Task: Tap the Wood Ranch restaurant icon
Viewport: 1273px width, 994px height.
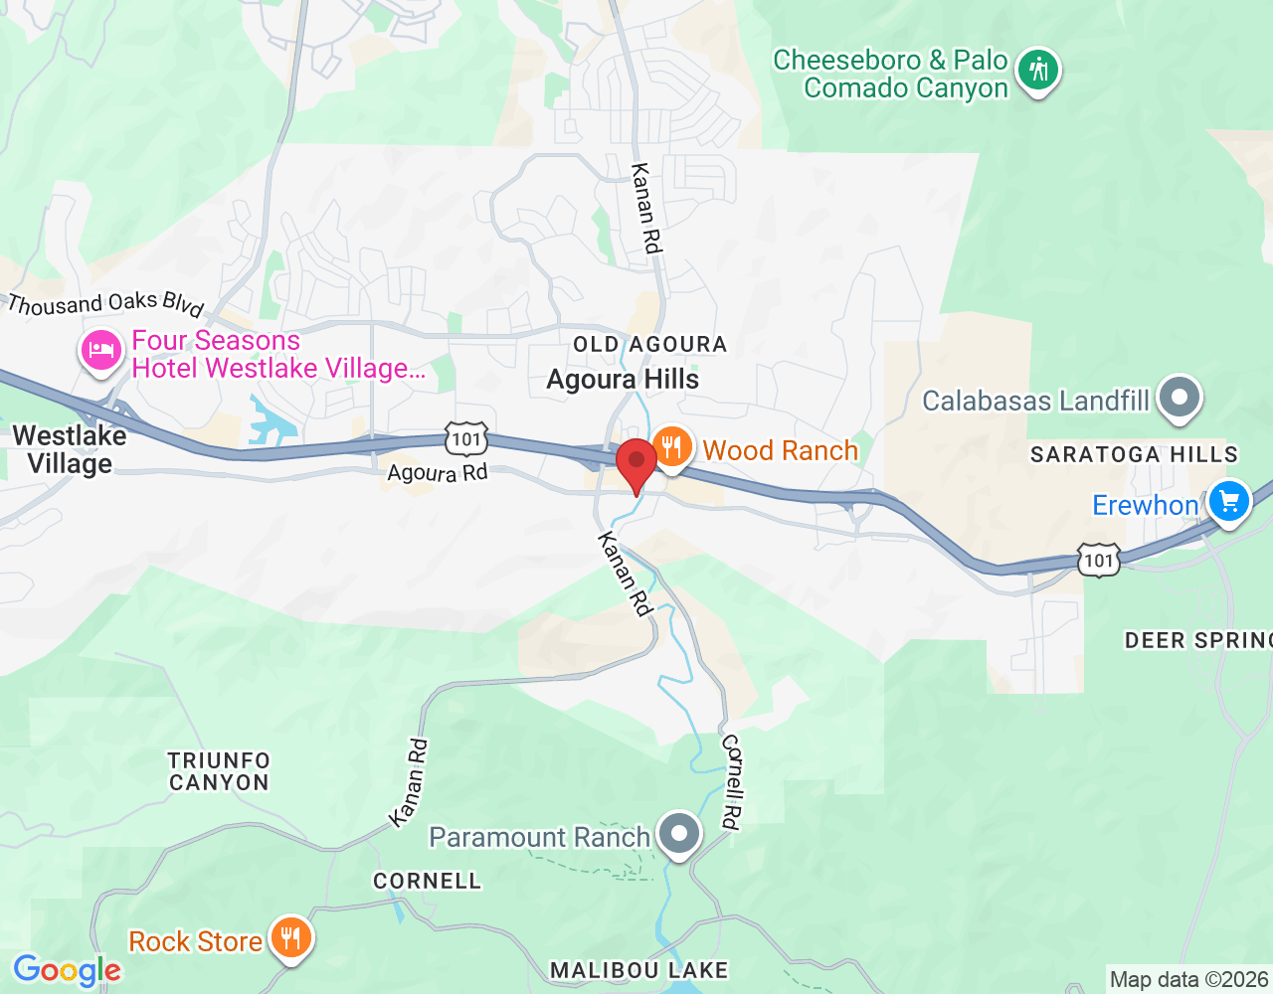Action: click(673, 446)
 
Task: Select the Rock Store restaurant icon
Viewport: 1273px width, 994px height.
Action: click(290, 936)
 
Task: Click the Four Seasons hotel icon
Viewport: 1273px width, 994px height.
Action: click(100, 351)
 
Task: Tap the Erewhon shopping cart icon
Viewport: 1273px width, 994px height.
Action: click(1229, 501)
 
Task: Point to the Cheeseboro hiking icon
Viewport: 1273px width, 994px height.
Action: click(1039, 70)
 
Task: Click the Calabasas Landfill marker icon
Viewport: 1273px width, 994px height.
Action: click(1180, 397)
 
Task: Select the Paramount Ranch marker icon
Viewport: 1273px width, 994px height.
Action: click(680, 834)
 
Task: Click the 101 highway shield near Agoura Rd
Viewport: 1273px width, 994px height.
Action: click(465, 438)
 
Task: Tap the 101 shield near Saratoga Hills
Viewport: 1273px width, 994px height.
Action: click(1098, 561)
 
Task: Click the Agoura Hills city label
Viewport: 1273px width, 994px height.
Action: click(623, 380)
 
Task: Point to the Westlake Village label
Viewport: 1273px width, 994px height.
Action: click(70, 449)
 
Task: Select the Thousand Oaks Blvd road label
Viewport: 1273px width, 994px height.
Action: click(105, 303)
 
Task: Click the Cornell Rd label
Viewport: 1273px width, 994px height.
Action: click(732, 781)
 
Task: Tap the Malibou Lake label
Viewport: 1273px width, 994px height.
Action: click(639, 970)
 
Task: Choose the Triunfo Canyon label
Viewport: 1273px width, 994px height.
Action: click(219, 771)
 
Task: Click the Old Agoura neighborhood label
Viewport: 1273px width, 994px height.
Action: click(649, 345)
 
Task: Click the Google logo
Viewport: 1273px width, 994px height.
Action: click(67, 970)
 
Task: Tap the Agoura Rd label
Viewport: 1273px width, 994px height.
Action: click(438, 473)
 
